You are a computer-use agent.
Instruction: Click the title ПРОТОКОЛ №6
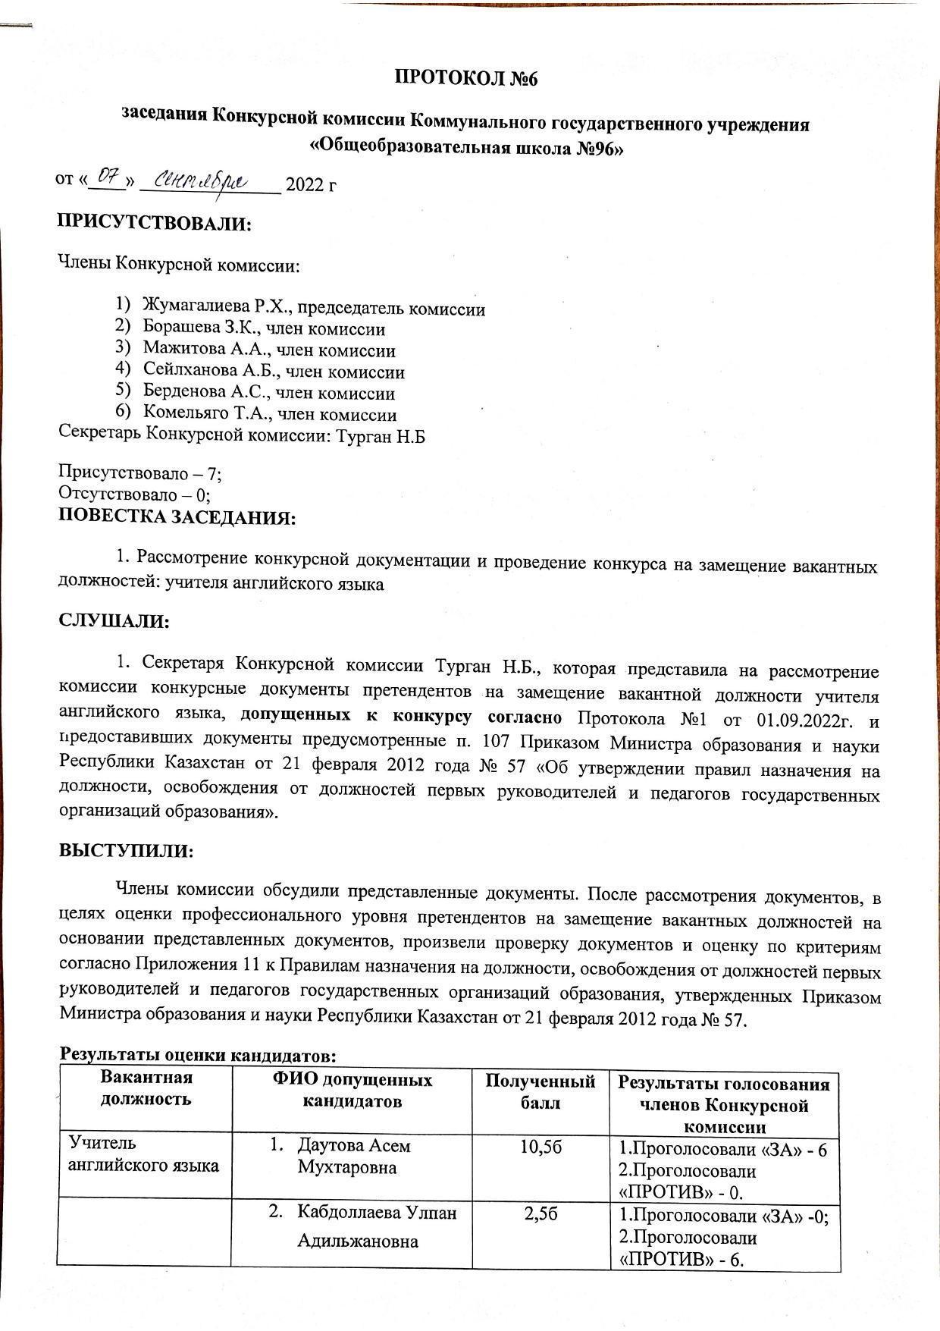tap(466, 78)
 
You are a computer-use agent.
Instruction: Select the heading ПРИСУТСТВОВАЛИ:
tap(155, 224)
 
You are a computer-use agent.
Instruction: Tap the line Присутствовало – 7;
tap(140, 473)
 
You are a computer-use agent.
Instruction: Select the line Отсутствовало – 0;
tap(135, 494)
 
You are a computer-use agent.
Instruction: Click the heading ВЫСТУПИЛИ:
tap(127, 850)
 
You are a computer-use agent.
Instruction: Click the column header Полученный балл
tap(540, 1091)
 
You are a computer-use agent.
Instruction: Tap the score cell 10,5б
tap(540, 1147)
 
